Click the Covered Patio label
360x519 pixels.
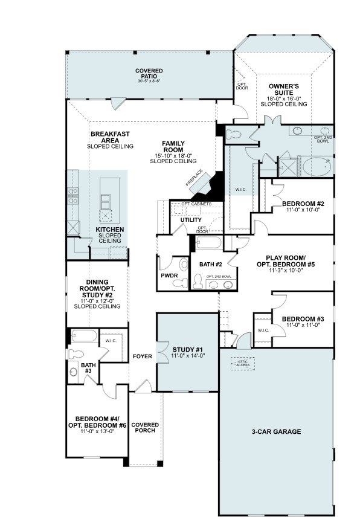click(x=149, y=74)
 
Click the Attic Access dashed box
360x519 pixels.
click(x=242, y=363)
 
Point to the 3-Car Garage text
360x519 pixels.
click(x=276, y=431)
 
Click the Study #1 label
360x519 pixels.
click(x=188, y=350)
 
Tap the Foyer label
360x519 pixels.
click(x=143, y=356)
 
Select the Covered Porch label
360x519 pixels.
click(x=145, y=427)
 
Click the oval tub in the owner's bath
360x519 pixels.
click(x=316, y=166)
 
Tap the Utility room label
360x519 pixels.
click(x=191, y=219)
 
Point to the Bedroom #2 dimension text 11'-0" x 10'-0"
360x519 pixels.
click(x=303, y=211)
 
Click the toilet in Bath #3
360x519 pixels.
click(x=74, y=354)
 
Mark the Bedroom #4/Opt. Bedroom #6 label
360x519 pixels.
click(x=97, y=422)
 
